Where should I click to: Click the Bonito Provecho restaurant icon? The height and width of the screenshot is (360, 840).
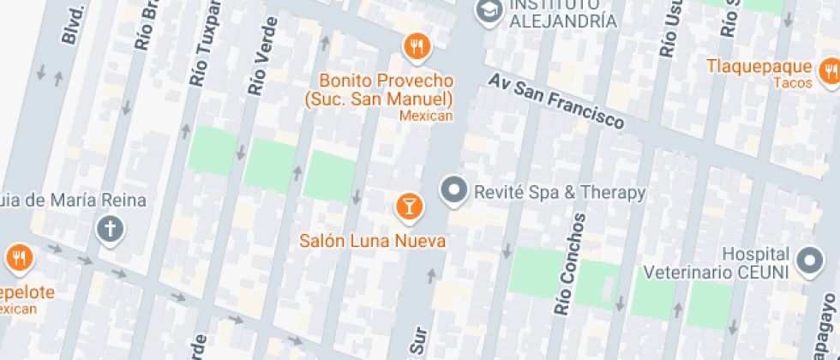(417, 47)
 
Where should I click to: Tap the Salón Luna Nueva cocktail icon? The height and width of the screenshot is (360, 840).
(409, 205)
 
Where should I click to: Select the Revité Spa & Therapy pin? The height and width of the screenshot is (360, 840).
(453, 189)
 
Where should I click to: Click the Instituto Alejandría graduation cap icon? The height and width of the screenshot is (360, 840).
(489, 11)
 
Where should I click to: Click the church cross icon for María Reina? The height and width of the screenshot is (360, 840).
(110, 229)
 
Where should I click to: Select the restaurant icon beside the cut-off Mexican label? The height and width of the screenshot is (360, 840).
(19, 256)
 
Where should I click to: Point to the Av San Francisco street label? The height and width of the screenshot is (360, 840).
(556, 102)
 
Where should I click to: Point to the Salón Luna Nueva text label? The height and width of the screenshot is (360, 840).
(373, 241)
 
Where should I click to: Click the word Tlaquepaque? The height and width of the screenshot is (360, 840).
(759, 67)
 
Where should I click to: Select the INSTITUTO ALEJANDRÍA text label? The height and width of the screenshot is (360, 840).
(563, 13)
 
